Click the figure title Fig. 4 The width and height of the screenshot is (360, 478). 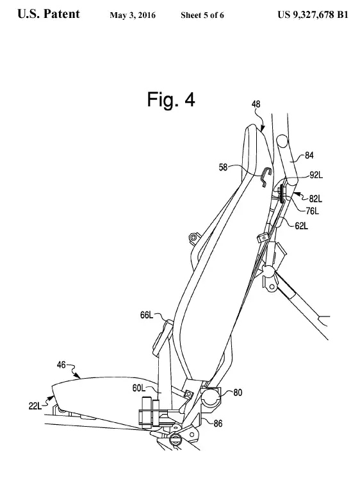(x=171, y=99)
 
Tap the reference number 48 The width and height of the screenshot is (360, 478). (x=256, y=104)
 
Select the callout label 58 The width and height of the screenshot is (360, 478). (x=223, y=167)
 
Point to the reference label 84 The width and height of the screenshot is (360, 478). (x=309, y=156)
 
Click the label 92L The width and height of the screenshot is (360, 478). (x=316, y=176)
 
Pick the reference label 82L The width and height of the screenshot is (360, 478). (x=316, y=199)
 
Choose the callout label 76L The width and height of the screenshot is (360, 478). (x=313, y=211)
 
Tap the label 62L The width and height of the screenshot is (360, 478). (x=301, y=226)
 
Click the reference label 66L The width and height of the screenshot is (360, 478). (x=147, y=315)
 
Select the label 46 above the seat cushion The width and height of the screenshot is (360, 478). (x=61, y=365)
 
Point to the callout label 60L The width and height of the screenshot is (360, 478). (x=139, y=388)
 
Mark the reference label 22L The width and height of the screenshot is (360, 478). (x=35, y=406)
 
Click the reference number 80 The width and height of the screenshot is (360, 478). (x=238, y=392)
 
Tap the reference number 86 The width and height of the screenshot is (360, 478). (x=218, y=423)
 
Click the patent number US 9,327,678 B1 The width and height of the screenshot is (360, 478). (x=313, y=15)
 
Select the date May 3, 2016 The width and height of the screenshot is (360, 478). (x=133, y=15)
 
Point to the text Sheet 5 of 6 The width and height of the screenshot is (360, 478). (x=202, y=15)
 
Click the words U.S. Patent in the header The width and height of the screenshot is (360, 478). (x=49, y=14)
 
